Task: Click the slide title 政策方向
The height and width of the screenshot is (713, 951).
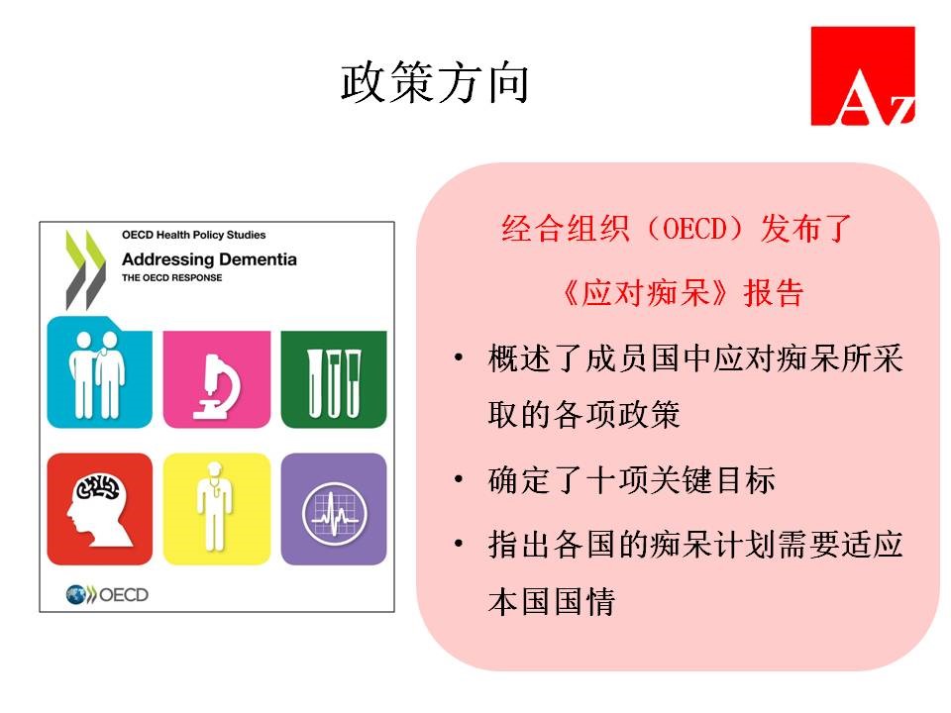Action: point(434,83)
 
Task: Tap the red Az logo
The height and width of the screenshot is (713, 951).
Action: point(863,76)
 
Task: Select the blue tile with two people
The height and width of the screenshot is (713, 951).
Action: point(99,372)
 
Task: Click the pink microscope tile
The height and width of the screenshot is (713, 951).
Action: point(217,379)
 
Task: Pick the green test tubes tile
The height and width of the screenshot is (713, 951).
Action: point(334,379)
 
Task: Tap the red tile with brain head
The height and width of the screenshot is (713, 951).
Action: point(99,509)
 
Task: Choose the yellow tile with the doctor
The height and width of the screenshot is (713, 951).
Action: point(217,509)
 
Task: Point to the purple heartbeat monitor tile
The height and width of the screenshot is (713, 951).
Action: point(334,509)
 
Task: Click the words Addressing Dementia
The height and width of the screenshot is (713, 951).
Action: point(209,259)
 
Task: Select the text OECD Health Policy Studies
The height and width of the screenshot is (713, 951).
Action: point(193,235)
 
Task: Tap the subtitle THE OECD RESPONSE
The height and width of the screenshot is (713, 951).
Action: point(171,277)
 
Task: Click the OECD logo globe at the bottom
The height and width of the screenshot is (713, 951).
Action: point(76,595)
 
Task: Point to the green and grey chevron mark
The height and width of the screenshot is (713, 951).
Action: point(85,269)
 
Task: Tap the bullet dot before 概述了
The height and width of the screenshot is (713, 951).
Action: point(459,357)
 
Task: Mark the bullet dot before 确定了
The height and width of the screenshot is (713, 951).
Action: point(459,479)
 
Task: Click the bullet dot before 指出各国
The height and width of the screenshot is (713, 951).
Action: point(459,544)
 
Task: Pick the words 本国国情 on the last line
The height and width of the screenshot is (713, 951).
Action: point(552,601)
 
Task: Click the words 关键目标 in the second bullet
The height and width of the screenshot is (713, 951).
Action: point(712,480)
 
